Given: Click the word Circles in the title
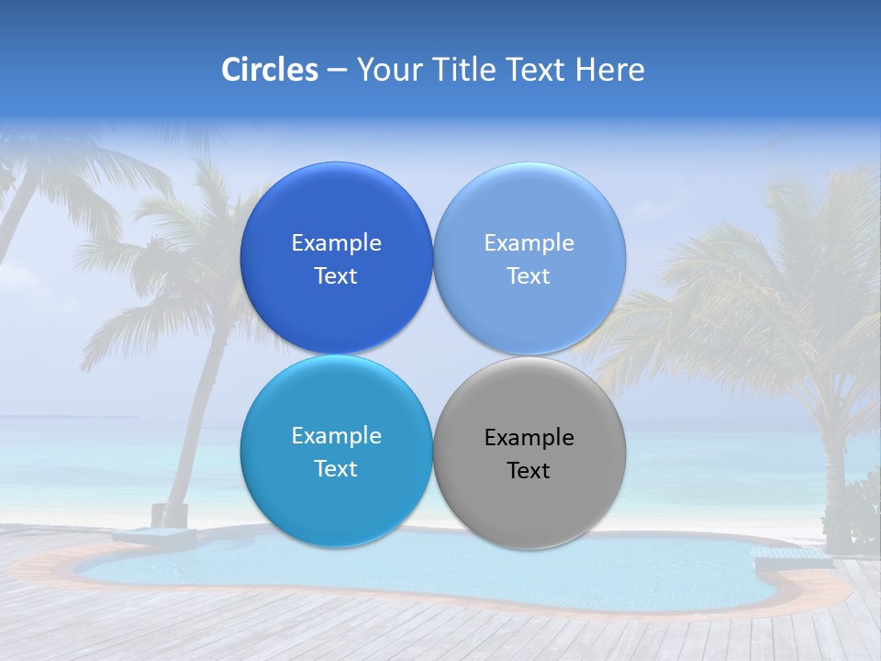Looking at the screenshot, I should click(270, 70).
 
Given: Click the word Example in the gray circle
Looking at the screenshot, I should click(530, 438).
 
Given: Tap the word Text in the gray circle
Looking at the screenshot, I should click(529, 471).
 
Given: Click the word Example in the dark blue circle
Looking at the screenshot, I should click(336, 243).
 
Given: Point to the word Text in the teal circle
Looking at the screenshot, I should click(336, 469).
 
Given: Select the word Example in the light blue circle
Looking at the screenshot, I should click(530, 243).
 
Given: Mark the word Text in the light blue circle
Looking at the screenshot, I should click(529, 276).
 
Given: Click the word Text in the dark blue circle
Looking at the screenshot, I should click(336, 276).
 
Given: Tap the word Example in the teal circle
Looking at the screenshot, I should click(336, 436).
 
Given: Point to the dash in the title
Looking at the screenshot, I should click(337, 71).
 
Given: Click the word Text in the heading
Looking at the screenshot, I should click(538, 70).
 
